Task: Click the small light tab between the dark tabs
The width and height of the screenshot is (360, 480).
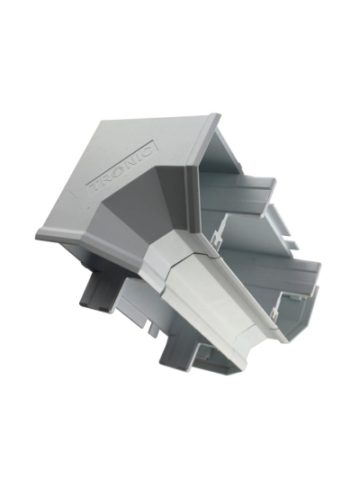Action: tap(153, 330)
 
